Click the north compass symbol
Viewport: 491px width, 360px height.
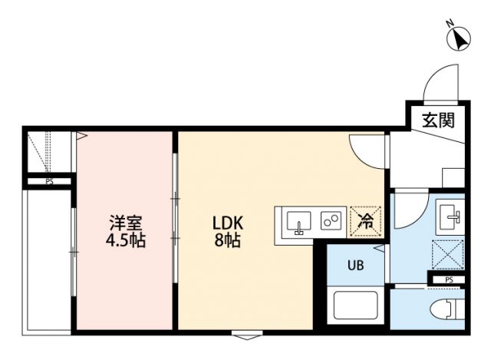pos(459,38)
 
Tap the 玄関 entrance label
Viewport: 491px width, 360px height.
pos(437,120)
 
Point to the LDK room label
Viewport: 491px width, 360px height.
pos(228,223)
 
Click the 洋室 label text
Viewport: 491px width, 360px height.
pos(126,223)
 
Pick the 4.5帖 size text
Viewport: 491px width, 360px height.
pos(126,239)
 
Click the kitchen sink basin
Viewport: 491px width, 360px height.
pos(298,222)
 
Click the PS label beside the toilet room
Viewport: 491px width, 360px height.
pos(449,279)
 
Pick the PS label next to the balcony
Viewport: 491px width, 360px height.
pos(49,182)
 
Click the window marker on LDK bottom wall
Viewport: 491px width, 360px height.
pos(245,335)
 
